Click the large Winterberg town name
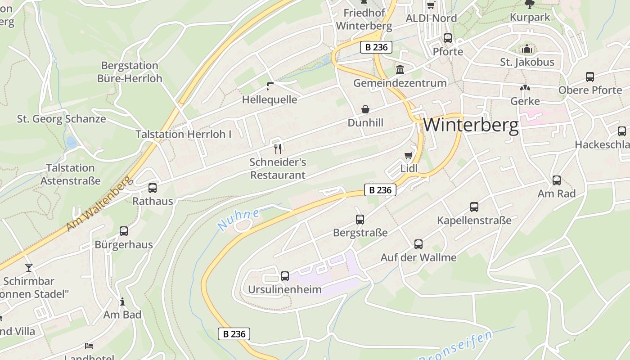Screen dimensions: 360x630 471,125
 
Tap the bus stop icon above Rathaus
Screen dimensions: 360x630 153,188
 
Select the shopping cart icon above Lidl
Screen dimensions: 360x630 409,156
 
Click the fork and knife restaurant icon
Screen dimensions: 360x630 278,148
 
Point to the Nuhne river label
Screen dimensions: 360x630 238,220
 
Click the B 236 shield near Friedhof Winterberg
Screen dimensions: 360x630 376,47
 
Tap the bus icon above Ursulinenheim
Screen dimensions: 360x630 284,276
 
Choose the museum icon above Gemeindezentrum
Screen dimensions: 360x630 400,69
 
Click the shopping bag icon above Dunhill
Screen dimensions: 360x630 365,109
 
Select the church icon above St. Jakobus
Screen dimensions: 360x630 527,49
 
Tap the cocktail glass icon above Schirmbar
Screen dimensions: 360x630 29,268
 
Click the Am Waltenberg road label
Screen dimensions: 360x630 100,203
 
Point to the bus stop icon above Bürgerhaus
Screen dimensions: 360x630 124,231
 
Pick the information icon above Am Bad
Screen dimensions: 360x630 122,301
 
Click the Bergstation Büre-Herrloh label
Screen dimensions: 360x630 130,72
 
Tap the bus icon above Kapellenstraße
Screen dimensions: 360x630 474,207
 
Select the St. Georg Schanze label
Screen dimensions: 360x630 62,119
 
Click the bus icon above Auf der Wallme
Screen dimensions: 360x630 418,244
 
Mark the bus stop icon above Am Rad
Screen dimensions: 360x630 557,180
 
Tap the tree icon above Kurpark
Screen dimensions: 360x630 530,4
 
